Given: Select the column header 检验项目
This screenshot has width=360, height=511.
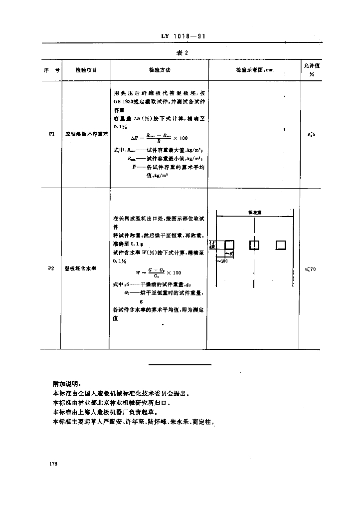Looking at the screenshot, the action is (86, 70).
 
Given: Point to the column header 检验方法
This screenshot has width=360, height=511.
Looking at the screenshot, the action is (160, 70).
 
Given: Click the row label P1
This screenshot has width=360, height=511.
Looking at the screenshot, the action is (52, 134).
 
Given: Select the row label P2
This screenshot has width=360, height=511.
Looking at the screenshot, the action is (51, 268).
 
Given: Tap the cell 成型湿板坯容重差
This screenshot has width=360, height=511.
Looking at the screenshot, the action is (86, 134).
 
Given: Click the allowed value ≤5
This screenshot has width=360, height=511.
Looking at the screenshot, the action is (311, 134).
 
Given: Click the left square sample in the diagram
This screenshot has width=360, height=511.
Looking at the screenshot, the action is (229, 245).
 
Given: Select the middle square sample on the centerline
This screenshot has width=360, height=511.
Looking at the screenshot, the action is (254, 245).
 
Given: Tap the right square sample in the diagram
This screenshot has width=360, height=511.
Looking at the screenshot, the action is (280, 245).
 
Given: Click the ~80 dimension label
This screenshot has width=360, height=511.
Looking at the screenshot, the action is (229, 254).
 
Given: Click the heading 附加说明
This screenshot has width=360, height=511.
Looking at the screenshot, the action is (66, 384).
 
